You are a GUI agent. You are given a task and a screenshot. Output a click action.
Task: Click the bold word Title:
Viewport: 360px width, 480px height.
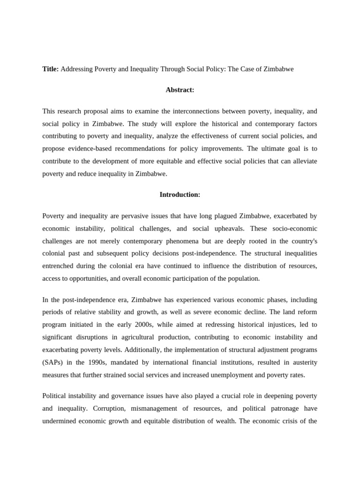tap(51, 69)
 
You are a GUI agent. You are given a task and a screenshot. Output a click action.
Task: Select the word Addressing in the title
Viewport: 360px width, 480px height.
tap(77, 69)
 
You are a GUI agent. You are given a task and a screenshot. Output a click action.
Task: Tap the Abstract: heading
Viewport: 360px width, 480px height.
tap(180, 90)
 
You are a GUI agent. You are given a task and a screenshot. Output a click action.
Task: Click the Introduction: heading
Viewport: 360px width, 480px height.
tap(180, 195)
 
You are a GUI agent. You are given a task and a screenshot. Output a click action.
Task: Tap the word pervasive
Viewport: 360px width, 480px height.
tap(137, 216)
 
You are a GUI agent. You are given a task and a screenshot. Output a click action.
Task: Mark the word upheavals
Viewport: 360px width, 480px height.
tap(220, 229)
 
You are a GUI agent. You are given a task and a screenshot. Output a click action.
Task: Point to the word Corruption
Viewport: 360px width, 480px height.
tap(76, 408)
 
